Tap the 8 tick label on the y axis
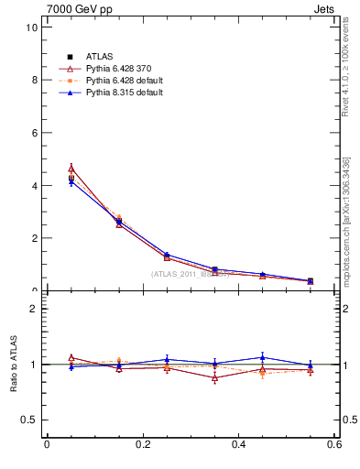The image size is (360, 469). click(34, 80)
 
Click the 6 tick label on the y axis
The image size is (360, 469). click(34, 133)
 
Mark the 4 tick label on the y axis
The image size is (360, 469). click(34, 186)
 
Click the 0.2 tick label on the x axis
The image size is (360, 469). click(142, 445)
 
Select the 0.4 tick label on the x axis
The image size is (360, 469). click(238, 445)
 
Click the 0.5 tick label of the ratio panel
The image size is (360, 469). click(29, 420)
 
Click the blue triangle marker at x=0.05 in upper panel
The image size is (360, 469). click(71, 182)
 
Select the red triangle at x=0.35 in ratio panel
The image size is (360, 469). click(214, 377)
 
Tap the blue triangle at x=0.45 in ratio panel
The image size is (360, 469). click(262, 357)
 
